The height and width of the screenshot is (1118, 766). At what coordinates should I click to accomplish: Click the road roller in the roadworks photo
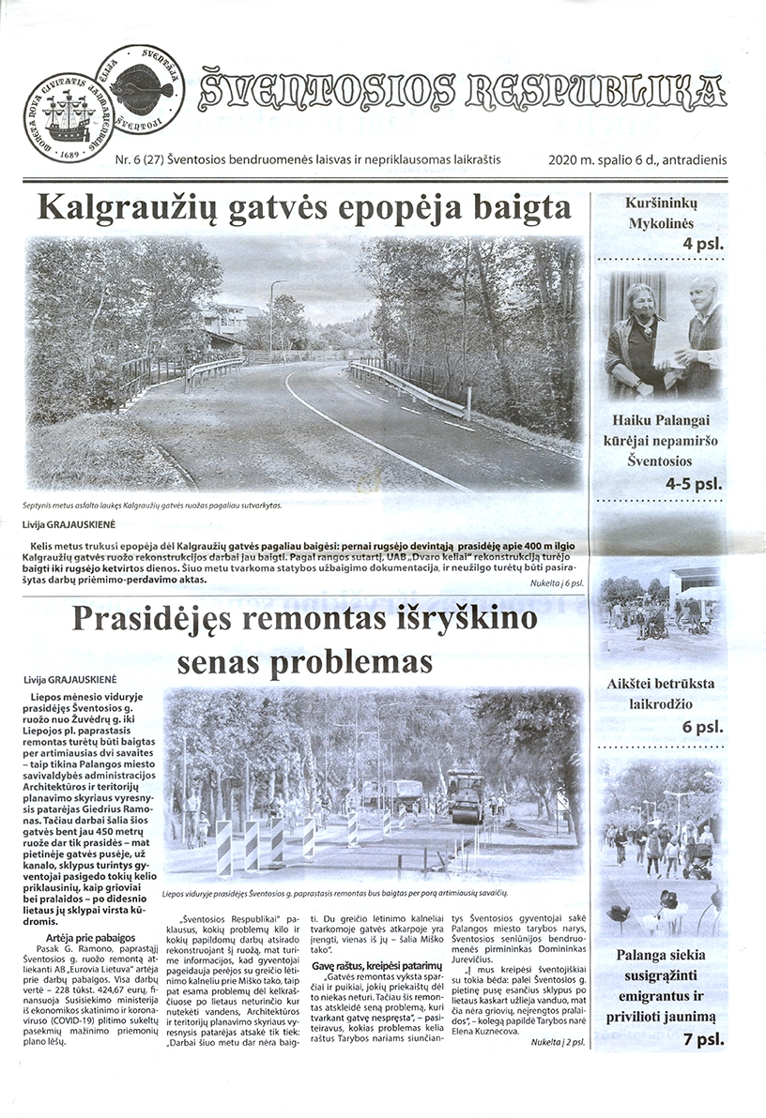point(466,795)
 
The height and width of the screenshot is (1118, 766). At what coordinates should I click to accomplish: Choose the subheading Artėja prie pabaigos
point(90,937)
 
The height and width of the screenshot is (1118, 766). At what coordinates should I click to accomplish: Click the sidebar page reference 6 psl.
point(701,727)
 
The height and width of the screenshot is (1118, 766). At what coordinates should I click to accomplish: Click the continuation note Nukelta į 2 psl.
point(557,1041)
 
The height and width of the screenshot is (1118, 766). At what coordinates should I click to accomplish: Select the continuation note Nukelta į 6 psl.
point(557,582)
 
